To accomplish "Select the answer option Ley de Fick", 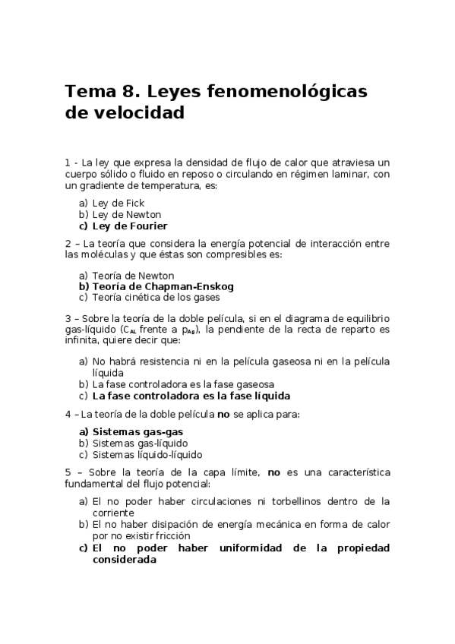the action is point(118,203).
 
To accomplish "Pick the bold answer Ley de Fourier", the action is point(129,226).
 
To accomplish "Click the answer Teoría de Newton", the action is point(133,276).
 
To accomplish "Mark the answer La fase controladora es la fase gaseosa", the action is point(183,384).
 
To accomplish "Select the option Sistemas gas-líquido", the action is point(140,443).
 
